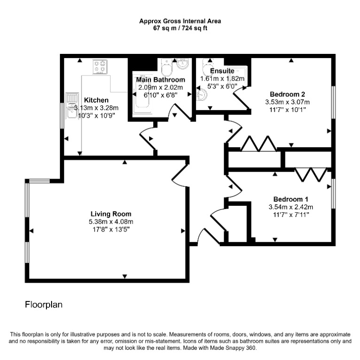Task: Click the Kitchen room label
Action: [x=96, y=100]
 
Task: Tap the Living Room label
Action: [x=111, y=214]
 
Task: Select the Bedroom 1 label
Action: [x=291, y=199]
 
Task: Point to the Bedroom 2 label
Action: [x=287, y=94]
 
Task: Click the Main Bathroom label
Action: [x=160, y=80]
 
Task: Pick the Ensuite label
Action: [x=222, y=71]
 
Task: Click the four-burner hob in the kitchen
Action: [x=100, y=67]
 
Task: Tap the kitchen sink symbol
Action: [x=72, y=105]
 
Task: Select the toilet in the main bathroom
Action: [x=167, y=67]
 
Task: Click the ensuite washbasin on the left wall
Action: [x=202, y=95]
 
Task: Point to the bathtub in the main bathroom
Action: [x=143, y=94]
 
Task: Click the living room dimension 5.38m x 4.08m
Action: [x=111, y=222]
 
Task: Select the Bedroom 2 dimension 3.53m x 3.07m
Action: [x=287, y=102]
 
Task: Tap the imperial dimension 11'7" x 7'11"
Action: [x=291, y=215]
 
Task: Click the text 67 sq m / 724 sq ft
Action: [x=180, y=28]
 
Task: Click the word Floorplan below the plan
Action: [x=44, y=305]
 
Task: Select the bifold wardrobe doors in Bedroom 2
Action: [x=259, y=144]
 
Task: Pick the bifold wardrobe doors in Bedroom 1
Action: [x=311, y=175]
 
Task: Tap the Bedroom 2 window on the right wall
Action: [x=333, y=102]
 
